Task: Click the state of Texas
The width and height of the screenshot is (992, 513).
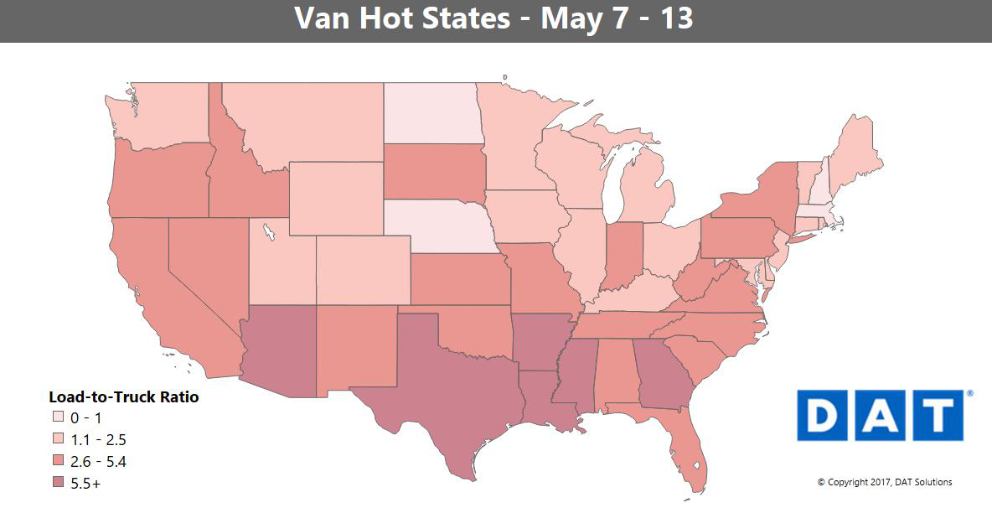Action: coord(444,394)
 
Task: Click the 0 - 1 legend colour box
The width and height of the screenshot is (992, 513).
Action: coord(57,417)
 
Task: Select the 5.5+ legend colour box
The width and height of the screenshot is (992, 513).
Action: coord(57,484)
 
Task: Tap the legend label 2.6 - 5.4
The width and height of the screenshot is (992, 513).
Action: coord(99,462)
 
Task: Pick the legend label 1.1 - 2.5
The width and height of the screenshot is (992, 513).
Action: coord(99,439)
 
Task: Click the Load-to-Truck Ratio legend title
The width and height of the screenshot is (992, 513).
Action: coord(124,397)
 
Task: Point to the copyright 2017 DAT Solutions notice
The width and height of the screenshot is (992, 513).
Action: coord(885,482)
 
